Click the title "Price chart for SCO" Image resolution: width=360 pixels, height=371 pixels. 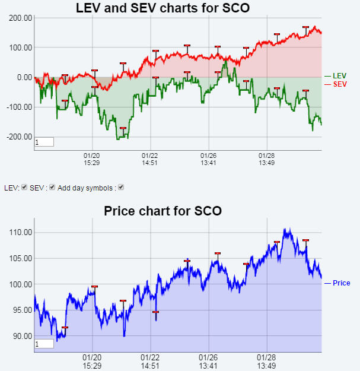coord(163,211)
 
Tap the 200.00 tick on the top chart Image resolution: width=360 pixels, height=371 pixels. coord(20,18)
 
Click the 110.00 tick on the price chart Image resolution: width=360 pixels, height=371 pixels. coord(20,232)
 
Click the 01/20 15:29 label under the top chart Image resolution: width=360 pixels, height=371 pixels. coord(91,159)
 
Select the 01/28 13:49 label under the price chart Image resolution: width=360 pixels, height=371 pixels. coord(266,362)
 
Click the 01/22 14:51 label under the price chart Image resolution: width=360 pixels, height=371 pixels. coord(149,362)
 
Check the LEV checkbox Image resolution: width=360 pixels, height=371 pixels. coord(24,188)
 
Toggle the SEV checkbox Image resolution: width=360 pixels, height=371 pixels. coord(52,188)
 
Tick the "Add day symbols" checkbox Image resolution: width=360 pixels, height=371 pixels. coord(121,188)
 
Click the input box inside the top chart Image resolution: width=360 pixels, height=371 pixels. coord(44,142)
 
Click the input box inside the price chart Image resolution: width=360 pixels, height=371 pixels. coord(44,344)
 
